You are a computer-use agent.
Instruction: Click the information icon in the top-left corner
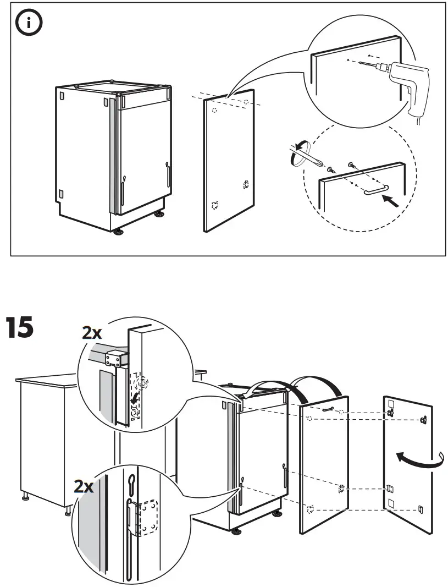click(x=28, y=24)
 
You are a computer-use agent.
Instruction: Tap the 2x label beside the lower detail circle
click(x=84, y=486)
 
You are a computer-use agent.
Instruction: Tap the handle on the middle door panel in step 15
click(x=329, y=407)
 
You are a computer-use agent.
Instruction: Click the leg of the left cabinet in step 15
click(x=25, y=498)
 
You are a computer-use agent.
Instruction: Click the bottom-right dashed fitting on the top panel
click(x=246, y=185)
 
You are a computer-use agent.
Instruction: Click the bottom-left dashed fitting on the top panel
click(x=215, y=205)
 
